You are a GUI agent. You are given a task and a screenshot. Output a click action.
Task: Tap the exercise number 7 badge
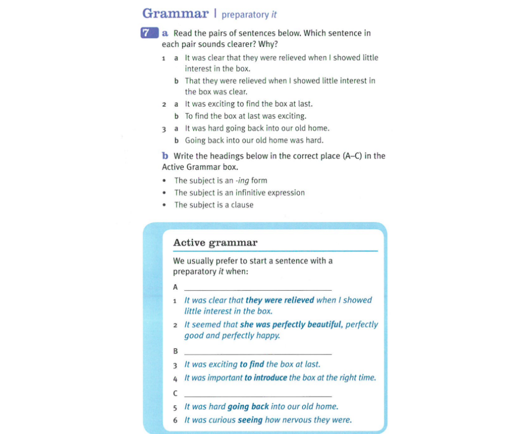(146, 32)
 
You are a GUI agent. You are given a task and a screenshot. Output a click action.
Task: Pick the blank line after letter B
(258, 352)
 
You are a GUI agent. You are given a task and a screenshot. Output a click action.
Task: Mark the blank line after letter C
(258, 395)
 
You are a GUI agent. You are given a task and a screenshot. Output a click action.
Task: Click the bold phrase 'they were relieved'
(280, 300)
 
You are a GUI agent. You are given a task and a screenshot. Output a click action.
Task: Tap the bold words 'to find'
(251, 365)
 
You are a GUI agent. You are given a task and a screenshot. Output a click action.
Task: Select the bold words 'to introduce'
(266, 378)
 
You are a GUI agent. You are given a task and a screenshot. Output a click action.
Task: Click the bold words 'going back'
(248, 407)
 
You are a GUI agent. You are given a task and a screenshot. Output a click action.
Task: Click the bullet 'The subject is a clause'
(214, 205)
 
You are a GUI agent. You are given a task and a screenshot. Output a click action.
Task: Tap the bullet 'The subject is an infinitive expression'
(239, 193)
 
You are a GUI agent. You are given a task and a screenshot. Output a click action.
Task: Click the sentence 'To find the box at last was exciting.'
(245, 116)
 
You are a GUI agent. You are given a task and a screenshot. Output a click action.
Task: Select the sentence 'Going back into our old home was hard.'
(254, 140)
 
